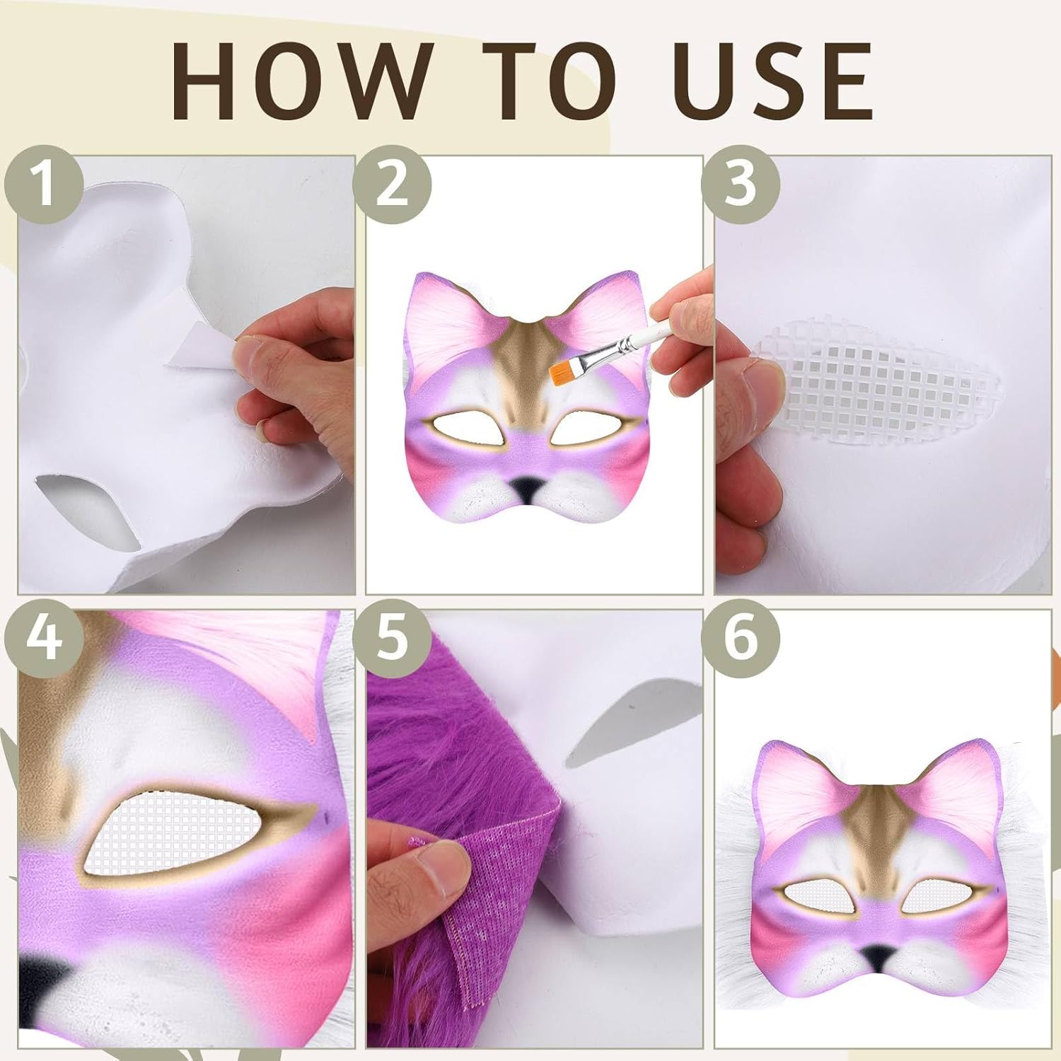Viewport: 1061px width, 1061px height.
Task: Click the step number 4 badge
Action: click(x=45, y=639)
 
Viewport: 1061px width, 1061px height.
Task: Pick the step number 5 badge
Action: click(x=392, y=639)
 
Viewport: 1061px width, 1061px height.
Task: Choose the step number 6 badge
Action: click(x=740, y=639)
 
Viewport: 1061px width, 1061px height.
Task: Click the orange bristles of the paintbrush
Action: click(x=562, y=369)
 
